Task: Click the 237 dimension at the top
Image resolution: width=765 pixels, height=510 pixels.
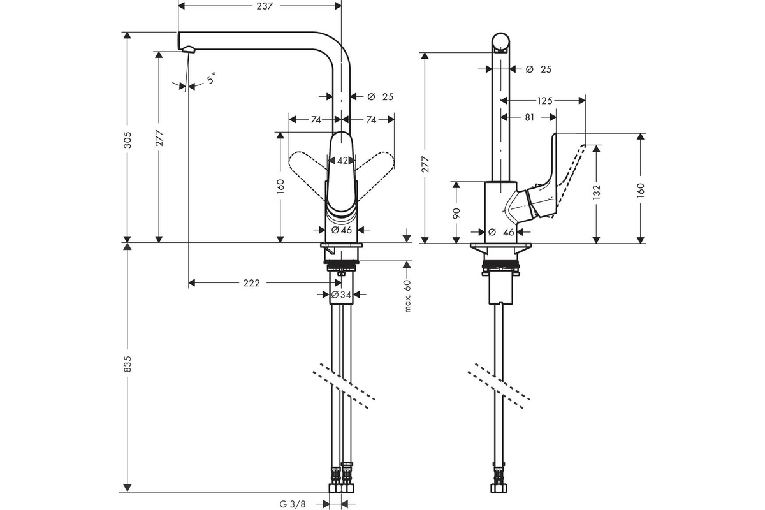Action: [265, 6]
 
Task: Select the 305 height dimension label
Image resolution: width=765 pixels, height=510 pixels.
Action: [127, 140]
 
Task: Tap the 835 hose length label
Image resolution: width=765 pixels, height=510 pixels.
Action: [127, 364]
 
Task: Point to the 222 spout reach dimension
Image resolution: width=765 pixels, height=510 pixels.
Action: [251, 283]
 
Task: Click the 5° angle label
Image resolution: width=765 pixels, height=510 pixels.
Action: [212, 78]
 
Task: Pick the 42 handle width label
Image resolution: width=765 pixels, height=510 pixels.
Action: [342, 161]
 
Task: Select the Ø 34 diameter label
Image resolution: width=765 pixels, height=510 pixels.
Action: [341, 295]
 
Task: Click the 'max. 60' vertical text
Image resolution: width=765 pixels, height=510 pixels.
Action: [407, 295]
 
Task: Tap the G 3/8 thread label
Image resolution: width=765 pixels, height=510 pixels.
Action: [293, 504]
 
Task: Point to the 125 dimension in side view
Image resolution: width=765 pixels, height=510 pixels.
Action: [544, 101]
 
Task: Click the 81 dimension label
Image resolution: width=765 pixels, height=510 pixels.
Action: [529, 117]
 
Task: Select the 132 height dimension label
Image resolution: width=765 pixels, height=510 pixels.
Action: [596, 192]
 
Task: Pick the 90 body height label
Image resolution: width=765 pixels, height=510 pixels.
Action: [456, 213]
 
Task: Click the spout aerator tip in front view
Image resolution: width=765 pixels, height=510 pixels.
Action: [189, 50]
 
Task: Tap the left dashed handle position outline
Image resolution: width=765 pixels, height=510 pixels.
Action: [307, 174]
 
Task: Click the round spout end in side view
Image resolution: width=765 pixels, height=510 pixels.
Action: [500, 43]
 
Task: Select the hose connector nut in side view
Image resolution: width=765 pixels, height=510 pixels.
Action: [499, 488]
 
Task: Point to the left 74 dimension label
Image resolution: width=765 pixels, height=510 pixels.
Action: [316, 120]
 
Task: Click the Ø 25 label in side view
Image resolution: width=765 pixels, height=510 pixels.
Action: [539, 69]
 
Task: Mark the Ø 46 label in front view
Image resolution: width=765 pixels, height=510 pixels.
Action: [342, 230]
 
